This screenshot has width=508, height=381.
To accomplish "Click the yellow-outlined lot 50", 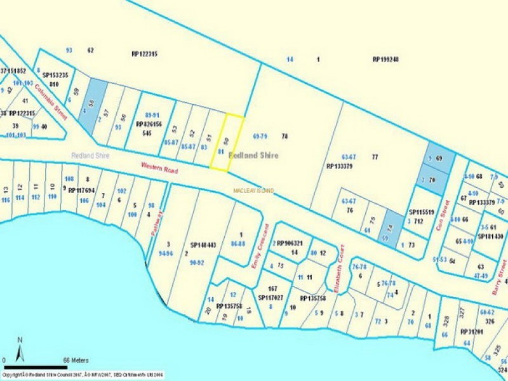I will tap(227, 143).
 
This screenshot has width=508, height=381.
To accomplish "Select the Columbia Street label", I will tap(51, 102).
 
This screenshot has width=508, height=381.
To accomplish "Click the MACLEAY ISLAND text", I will tap(253, 190).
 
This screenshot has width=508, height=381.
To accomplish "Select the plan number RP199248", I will tap(385, 59).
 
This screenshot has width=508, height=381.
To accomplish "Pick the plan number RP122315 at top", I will tap(144, 54).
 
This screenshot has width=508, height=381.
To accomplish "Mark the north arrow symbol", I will tap(20, 350).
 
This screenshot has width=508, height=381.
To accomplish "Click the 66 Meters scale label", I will tap(76, 360).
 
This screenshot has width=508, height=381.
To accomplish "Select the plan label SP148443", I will tap(203, 244).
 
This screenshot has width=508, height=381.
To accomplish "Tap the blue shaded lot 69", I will tap(436, 159).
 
